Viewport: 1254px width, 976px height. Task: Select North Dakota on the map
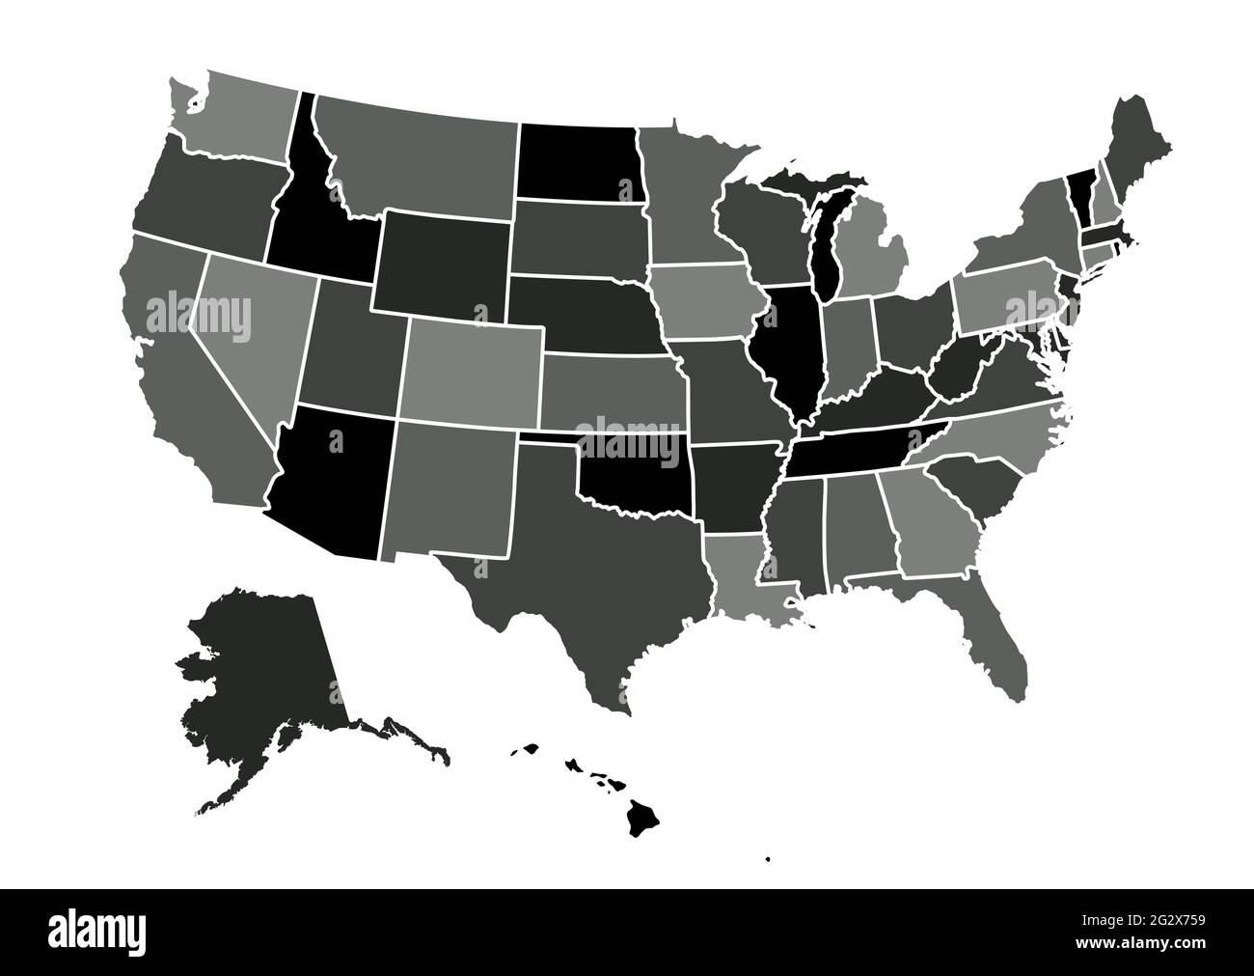[x=577, y=161]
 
